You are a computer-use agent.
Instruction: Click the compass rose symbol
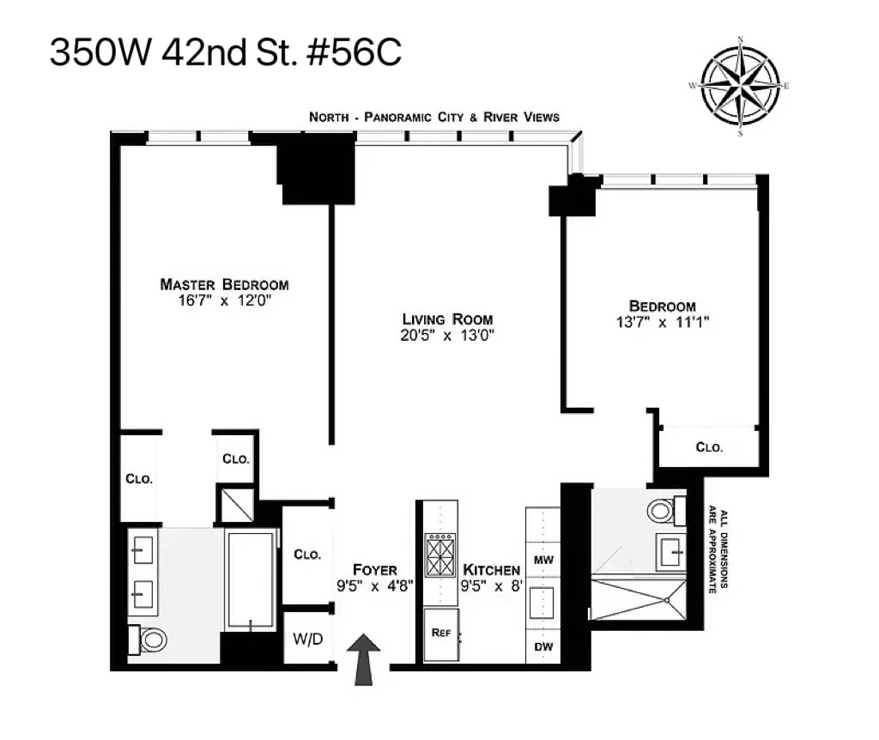[740, 86]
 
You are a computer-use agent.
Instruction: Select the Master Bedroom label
[224, 285]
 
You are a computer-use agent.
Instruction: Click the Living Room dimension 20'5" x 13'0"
[448, 336]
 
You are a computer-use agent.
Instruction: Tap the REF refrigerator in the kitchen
[441, 634]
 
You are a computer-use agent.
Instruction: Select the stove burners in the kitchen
[441, 556]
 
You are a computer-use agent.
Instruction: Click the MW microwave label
[543, 561]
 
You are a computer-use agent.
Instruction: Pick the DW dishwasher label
[543, 646]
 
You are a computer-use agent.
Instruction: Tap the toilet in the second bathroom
[663, 512]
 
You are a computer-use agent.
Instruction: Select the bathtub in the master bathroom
[251, 579]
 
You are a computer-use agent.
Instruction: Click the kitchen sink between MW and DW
[543, 604]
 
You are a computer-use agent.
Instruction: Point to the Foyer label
[375, 570]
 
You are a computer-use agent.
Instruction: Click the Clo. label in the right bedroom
[709, 447]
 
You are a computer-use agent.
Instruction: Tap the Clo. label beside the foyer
[307, 555]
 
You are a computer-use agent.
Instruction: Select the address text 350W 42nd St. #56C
[225, 53]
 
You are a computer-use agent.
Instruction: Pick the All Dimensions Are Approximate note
[718, 553]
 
